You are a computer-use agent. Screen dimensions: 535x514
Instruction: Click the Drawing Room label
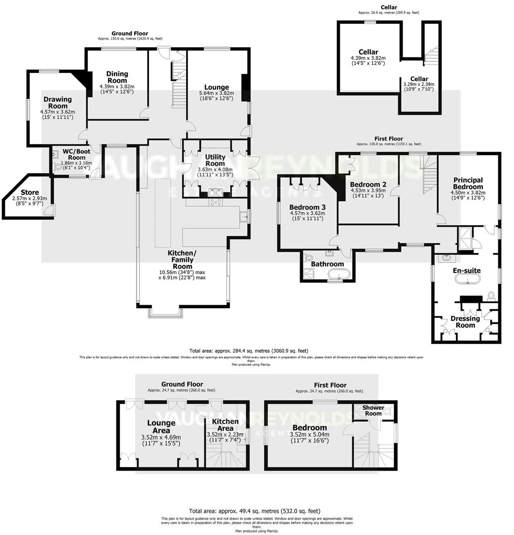pos(57,103)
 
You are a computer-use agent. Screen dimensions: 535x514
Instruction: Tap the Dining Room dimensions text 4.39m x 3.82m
pos(117,86)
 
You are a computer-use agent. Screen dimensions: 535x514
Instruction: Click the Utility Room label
pos(215,160)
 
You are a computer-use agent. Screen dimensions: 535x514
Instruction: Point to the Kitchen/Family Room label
pos(182,256)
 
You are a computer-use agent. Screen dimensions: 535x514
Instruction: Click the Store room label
pos(30,192)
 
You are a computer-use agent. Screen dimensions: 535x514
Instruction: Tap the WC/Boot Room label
pos(74,154)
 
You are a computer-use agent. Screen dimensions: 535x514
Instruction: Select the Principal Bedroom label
pos(467,183)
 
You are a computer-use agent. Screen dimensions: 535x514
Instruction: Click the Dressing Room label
pos(465,321)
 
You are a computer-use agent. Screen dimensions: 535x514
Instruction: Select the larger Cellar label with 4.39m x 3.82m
pos(368,52)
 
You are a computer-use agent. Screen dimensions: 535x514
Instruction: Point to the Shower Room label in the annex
pos(373,410)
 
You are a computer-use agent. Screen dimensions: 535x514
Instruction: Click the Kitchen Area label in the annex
pos(225,425)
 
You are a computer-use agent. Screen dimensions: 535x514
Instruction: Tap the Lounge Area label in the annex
pos(161,427)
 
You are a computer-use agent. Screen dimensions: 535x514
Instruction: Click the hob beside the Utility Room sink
pos(217,202)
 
